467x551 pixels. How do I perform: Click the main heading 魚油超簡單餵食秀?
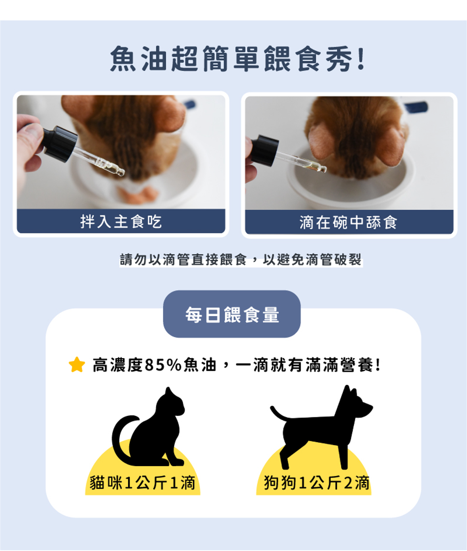coord(237,59)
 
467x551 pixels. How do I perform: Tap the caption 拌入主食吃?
coord(121,222)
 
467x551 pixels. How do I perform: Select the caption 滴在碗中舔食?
coord(348,222)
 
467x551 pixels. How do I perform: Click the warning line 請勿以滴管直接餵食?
coord(183,260)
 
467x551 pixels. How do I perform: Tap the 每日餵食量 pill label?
coord(232,315)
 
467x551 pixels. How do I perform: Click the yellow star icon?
coord(77,364)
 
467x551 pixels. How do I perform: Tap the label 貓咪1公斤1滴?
coord(143,483)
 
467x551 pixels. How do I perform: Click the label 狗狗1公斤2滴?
coord(317,483)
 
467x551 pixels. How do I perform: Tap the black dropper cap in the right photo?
coord(264,150)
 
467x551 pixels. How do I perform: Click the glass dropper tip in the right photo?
coord(323,169)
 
